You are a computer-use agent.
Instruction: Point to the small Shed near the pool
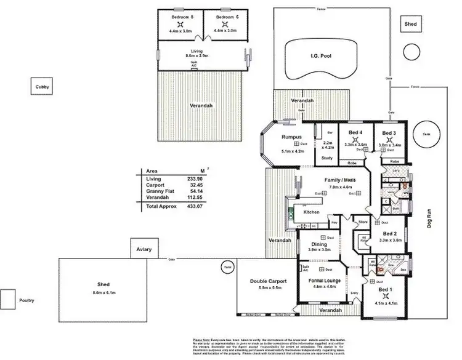[410, 24]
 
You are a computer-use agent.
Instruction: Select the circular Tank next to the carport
[228, 266]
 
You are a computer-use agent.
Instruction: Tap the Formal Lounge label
[325, 280]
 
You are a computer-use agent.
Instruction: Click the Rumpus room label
[291, 137]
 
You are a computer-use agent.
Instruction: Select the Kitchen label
[310, 212]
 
